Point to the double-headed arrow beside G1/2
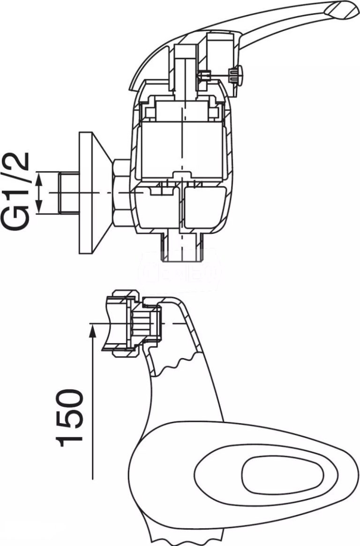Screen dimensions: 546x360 pyautogui.click(x=40, y=193)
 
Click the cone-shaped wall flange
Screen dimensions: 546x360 pyautogui.click(x=94, y=193)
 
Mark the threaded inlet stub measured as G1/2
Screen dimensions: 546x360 pyautogui.click(x=68, y=193)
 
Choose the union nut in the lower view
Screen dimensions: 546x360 pyautogui.click(x=123, y=323)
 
